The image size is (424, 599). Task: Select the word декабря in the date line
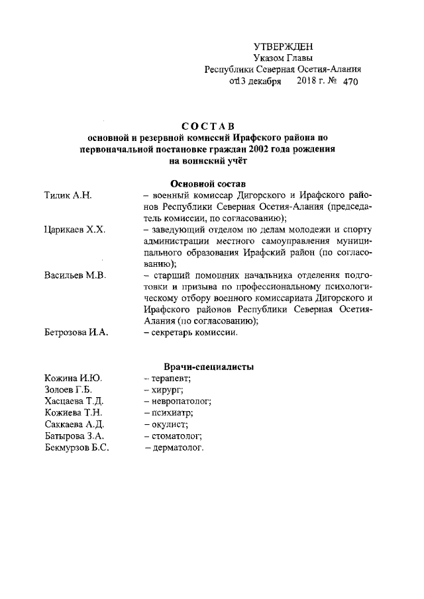[x=264, y=81]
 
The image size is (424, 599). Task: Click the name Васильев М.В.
[x=75, y=275]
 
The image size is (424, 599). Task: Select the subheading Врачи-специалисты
[x=209, y=367]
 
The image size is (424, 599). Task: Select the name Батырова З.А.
[x=74, y=436]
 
